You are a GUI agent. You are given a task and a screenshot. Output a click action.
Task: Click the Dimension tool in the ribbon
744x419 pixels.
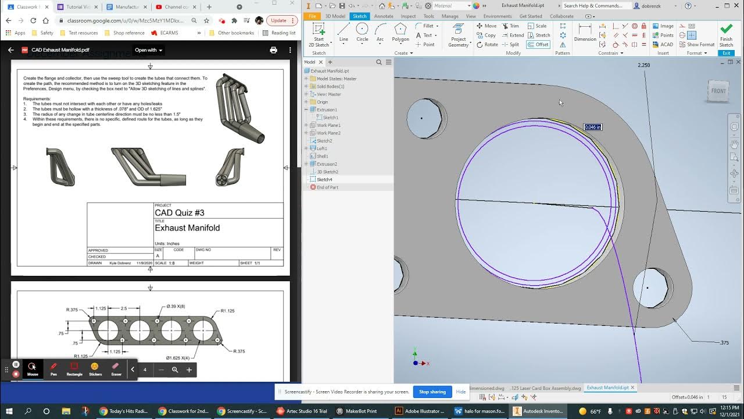(585, 33)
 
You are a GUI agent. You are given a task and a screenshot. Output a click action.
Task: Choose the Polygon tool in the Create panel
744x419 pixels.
(400, 33)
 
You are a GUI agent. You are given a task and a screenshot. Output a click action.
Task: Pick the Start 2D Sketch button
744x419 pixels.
(319, 35)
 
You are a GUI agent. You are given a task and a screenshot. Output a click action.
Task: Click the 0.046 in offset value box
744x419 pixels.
(592, 127)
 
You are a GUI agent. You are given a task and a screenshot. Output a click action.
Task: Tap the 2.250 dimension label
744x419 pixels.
(643, 65)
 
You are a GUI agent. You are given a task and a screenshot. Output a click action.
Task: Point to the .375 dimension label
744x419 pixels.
(724, 343)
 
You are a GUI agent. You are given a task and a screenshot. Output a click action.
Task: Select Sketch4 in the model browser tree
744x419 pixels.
(324, 179)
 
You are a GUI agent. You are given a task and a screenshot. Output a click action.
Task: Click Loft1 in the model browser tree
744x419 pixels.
(323, 148)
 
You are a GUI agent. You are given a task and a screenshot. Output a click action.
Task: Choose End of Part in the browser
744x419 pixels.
(327, 187)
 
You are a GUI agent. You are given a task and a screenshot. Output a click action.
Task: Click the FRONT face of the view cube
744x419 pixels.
(718, 91)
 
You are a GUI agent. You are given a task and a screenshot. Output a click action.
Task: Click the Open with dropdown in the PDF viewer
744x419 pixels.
(149, 50)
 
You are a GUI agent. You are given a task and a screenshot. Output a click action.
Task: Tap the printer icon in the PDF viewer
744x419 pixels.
(273, 50)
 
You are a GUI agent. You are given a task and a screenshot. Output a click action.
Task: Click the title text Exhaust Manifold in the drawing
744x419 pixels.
(187, 228)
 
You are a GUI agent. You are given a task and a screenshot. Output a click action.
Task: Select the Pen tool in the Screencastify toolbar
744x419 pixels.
(53, 369)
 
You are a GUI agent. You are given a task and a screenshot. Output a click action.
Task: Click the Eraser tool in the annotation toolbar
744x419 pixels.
(116, 369)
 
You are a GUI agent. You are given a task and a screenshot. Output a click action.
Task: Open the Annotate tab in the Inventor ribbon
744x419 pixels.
(384, 16)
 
